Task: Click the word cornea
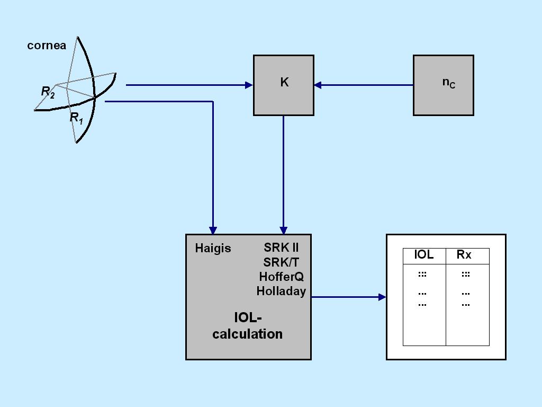(x=47, y=46)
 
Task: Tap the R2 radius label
(x=48, y=92)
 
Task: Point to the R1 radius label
(x=76, y=118)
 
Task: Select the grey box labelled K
(x=284, y=85)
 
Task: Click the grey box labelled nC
(x=444, y=85)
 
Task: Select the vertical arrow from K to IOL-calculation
(x=283, y=175)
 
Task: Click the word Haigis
(x=213, y=248)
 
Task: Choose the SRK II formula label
(x=281, y=247)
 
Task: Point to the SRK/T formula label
(x=281, y=262)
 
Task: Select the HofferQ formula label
(x=281, y=277)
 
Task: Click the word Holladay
(x=281, y=291)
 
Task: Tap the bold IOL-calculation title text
(x=248, y=326)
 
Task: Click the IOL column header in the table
(x=423, y=254)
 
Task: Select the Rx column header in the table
(x=464, y=254)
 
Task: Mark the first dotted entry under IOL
(x=422, y=275)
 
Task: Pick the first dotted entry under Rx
(x=466, y=275)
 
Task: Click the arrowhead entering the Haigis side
(x=213, y=231)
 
